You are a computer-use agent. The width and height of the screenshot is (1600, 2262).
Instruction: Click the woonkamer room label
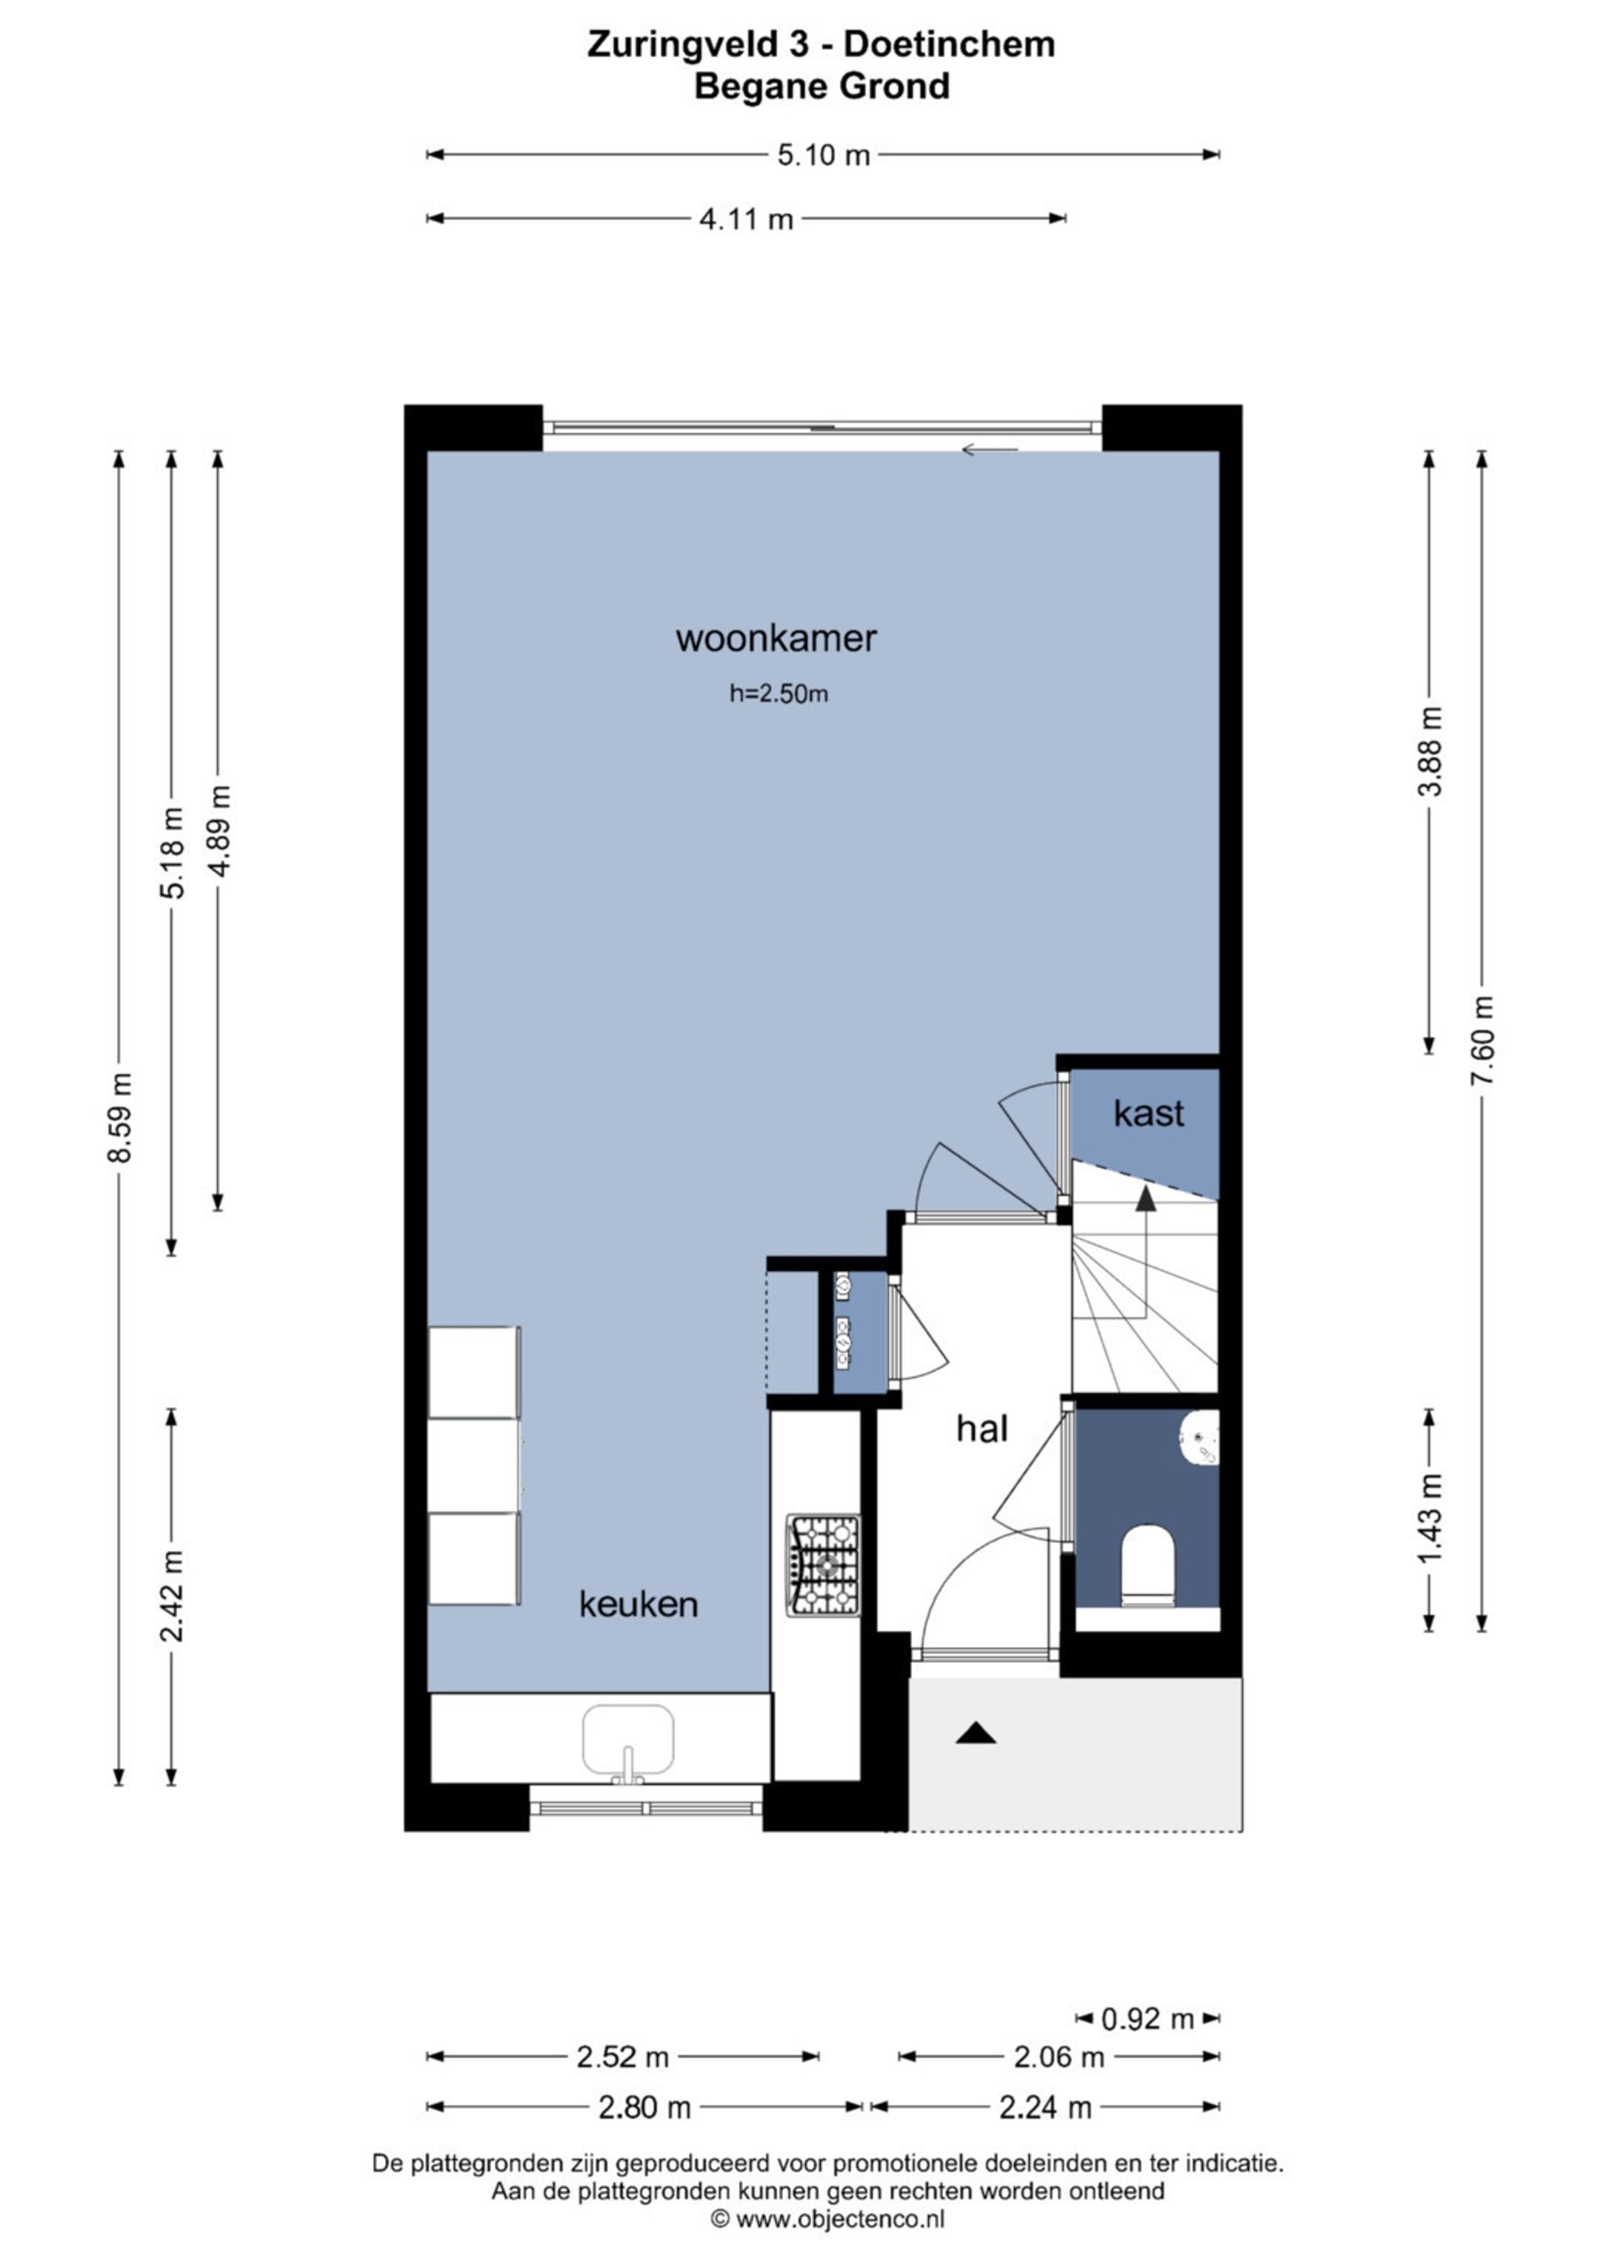coord(776,638)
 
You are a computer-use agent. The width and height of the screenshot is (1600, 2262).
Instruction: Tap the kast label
coord(1148,1113)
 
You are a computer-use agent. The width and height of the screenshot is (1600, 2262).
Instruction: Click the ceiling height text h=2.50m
coord(779,693)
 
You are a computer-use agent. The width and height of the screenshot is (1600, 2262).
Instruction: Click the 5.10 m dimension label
coord(824,156)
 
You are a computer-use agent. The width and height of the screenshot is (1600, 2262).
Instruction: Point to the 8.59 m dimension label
coord(119,1117)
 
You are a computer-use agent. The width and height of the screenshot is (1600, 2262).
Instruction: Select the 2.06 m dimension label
coord(1059,2056)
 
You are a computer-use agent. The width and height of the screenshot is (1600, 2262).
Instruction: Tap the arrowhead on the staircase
coord(1145,1197)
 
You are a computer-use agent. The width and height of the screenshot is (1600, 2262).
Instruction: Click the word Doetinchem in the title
coord(950,44)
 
